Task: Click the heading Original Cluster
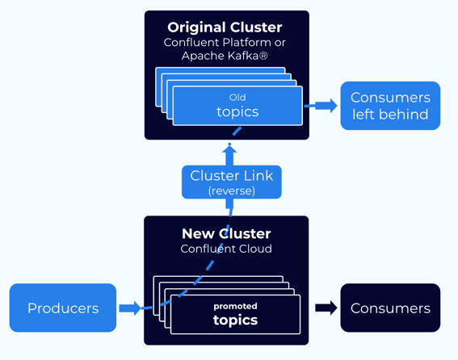point(225,27)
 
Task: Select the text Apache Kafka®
point(225,56)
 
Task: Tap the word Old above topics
point(237,97)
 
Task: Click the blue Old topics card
point(237,105)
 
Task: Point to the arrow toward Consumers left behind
point(321,105)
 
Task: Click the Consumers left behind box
point(389,106)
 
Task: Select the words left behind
point(389,115)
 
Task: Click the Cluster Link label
point(231,175)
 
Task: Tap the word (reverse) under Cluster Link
point(231,191)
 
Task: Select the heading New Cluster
point(225,234)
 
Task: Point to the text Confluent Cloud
point(225,249)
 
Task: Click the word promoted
point(235,306)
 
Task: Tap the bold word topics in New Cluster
point(235,320)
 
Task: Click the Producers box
point(63,308)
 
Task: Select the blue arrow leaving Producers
point(129,308)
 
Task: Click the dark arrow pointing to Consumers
point(326,308)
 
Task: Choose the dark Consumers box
point(389,308)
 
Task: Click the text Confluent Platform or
point(225,42)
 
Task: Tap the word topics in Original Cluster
point(237,111)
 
